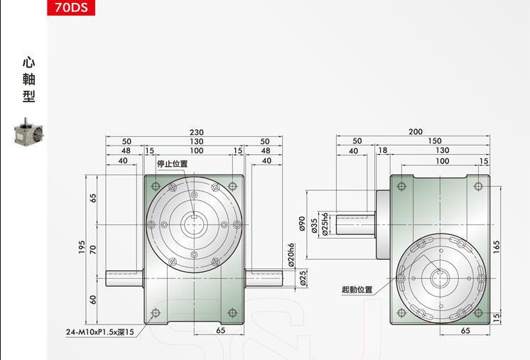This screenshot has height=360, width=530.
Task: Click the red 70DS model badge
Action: (70, 9)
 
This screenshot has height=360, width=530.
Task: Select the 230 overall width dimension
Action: (195, 132)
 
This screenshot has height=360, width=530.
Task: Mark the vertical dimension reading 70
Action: (93, 249)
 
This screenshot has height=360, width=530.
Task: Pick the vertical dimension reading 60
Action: (93, 300)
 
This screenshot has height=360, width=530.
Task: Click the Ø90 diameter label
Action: (301, 224)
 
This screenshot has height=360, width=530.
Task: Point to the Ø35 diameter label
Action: (314, 224)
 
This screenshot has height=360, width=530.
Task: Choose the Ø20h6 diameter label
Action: (291, 254)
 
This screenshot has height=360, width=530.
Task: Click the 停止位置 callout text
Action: (172, 163)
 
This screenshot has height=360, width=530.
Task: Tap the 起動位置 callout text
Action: (357, 290)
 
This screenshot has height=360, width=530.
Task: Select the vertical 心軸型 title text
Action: (28, 80)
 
